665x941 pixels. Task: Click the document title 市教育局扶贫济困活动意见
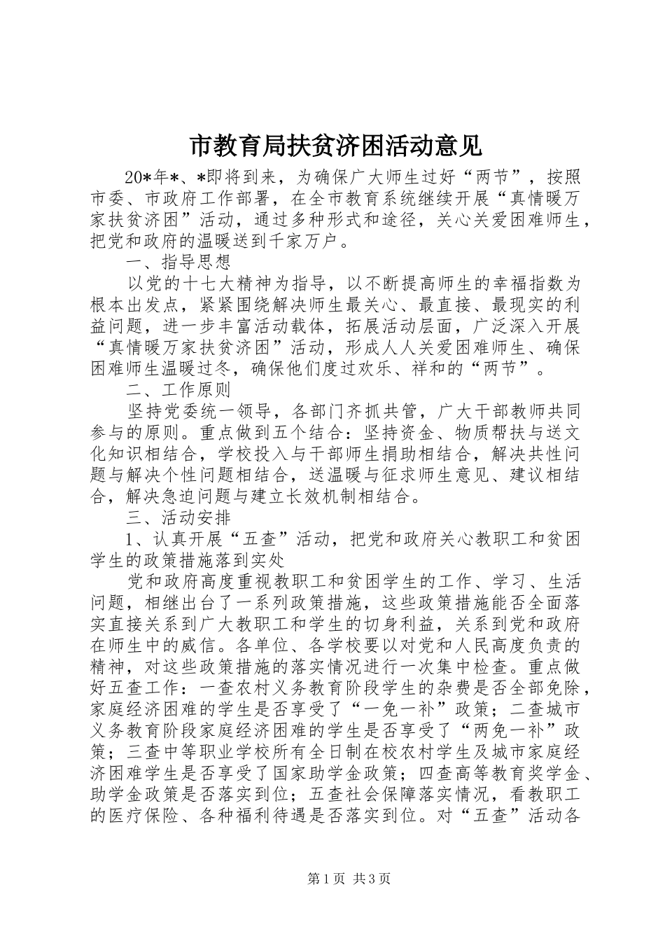(x=335, y=145)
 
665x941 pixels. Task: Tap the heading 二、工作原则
(x=178, y=389)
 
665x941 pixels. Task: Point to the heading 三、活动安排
(x=178, y=518)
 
